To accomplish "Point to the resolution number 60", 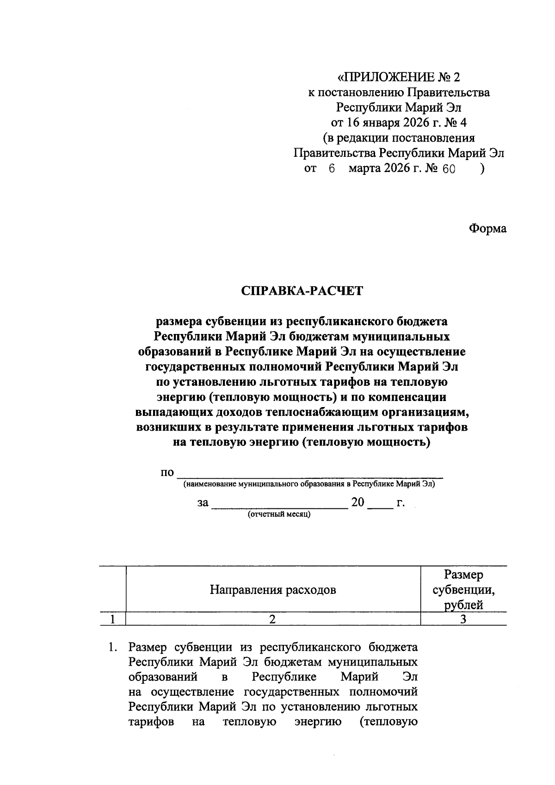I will coord(448,169).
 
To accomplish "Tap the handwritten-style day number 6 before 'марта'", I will coord(331,169).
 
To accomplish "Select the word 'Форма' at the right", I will coord(487,229).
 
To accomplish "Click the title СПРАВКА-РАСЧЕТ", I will coord(302,291).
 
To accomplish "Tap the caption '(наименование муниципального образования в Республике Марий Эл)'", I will coord(309,485).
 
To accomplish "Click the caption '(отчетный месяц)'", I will coord(279,514).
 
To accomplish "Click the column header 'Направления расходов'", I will coord(273,590).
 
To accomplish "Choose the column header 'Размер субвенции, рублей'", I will coord(463,590).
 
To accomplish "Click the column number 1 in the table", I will coord(112,619).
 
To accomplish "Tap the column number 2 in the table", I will coord(273,619).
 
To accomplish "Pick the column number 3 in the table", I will coord(463,619).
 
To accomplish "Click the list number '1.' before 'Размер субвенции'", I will coord(112,647).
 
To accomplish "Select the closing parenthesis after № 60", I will coord(482,169).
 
